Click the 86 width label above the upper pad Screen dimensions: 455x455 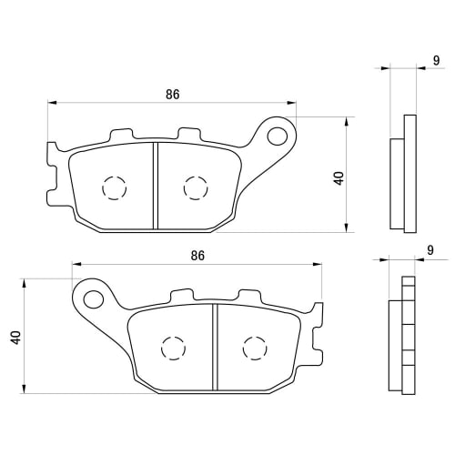coord(171,93)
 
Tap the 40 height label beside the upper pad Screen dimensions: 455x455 coord(339,177)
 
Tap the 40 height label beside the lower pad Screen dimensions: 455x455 coord(15,339)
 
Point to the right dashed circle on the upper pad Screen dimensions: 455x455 coord(195,187)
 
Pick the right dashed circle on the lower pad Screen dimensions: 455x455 coord(254,349)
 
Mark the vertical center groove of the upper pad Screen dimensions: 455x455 coord(155,185)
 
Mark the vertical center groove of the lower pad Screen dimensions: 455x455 coord(214,349)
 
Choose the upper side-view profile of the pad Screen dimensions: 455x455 coord(401,173)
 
